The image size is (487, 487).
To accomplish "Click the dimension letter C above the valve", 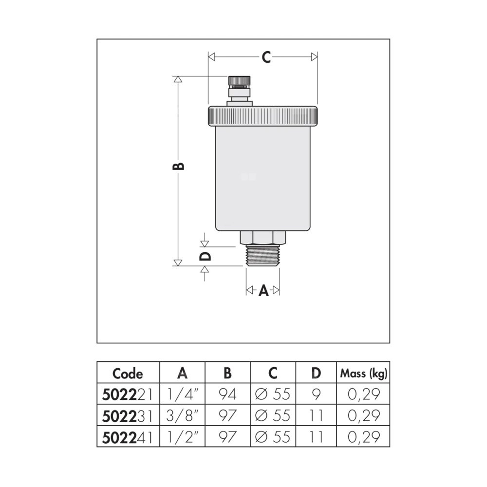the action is click(x=266, y=57).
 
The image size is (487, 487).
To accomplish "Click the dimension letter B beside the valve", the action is click(x=178, y=166).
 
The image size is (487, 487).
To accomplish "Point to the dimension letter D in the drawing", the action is click(x=205, y=256).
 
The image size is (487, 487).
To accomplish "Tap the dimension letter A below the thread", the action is click(x=263, y=291).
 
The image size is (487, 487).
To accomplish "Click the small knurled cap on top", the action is click(x=239, y=80).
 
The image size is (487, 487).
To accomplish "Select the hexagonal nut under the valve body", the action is click(x=263, y=238).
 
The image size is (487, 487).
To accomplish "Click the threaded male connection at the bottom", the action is click(x=263, y=255).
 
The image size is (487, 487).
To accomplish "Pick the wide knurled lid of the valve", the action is click(x=263, y=116).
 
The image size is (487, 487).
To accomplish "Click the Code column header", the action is click(x=128, y=374).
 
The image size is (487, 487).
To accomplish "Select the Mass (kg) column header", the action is click(x=364, y=374).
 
